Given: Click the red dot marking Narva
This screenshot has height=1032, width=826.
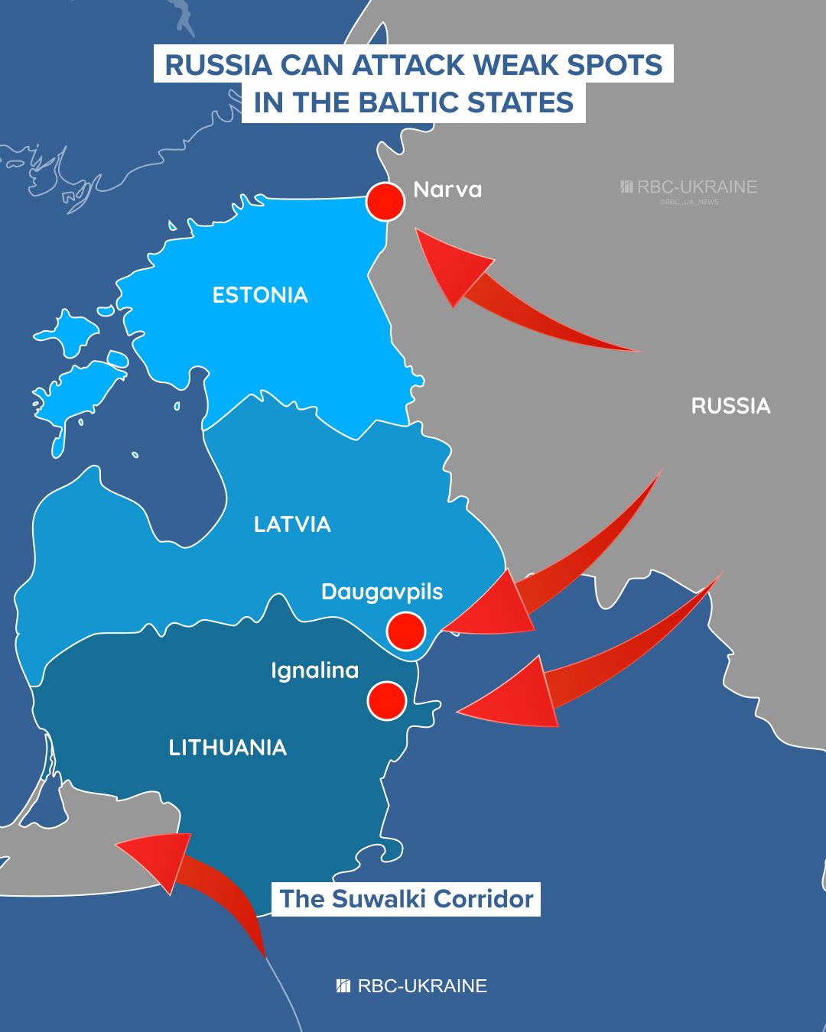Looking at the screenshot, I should pos(385,202).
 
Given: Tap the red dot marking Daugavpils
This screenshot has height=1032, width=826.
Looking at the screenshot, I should pos(405,631).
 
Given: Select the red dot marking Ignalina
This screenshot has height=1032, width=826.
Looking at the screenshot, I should pos(386,700).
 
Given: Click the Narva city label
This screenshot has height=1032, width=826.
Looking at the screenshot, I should pos(447,190).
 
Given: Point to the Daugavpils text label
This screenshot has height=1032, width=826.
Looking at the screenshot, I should pos(382,592).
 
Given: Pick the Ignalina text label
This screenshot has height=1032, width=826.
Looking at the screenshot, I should pos(314,670).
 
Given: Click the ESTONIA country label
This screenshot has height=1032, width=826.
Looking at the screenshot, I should pos(260,295).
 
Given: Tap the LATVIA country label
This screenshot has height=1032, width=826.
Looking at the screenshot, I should pos(292,524).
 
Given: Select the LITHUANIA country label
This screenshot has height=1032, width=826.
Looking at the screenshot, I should pos(228,748).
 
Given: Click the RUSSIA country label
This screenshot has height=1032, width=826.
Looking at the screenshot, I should pos(730,406).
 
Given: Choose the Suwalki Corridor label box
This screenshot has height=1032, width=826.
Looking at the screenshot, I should pos(406,899).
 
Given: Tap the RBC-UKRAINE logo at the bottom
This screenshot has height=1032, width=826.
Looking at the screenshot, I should pos(412,986).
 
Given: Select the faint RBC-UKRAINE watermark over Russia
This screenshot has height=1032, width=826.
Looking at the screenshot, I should pos(688,187).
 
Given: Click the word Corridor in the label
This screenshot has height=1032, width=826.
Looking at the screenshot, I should pos(483,899).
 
